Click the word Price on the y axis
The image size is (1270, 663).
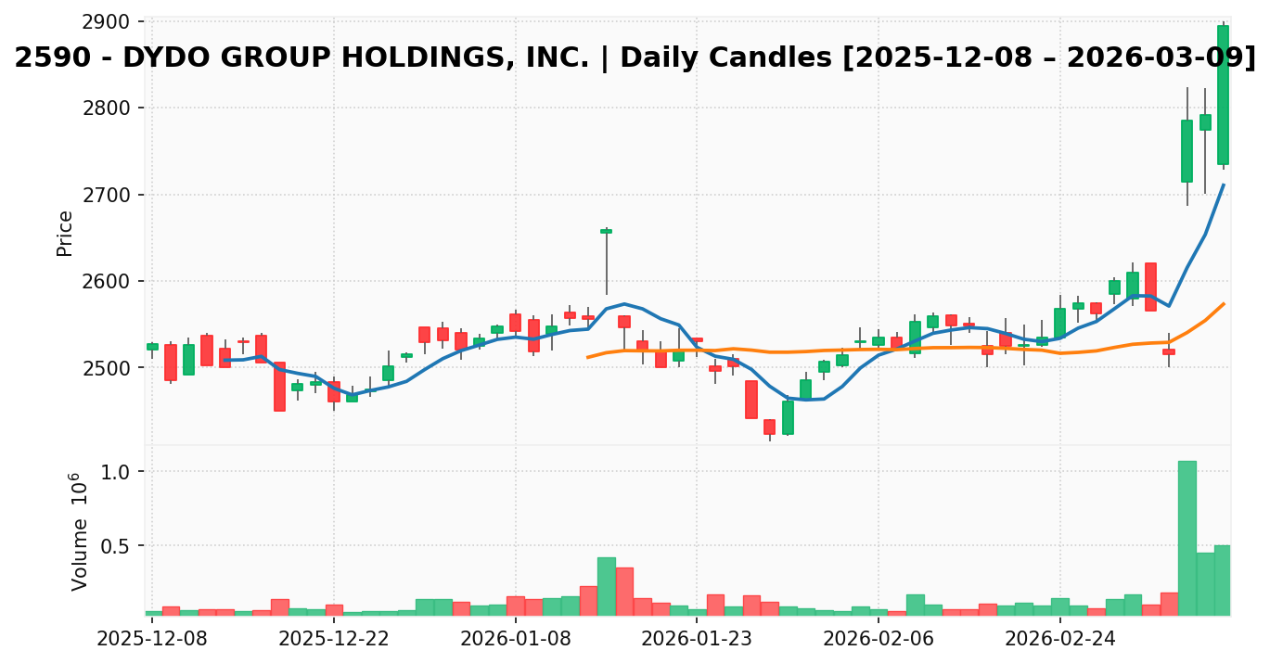65,233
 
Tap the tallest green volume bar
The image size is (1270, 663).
1187,538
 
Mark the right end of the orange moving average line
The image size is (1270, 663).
1224,303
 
